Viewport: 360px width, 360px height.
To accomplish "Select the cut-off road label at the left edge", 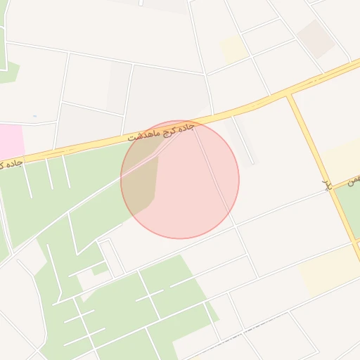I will pyautogui.click(x=11, y=163).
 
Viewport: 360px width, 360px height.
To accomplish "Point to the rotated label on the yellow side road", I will pyautogui.click(x=326, y=185).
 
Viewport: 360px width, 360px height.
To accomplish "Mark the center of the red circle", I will pyautogui.click(x=180, y=179).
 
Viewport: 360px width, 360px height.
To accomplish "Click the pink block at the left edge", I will pyautogui.click(x=11, y=140).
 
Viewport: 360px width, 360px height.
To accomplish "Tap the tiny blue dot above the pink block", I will pyautogui.click(x=34, y=115).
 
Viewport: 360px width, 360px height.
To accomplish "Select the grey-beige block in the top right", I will pyautogui.click(x=315, y=37).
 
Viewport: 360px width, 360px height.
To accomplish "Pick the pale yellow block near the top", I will pyautogui.click(x=233, y=49).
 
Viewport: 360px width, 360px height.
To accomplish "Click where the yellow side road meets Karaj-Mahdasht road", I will pyautogui.click(x=289, y=95).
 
